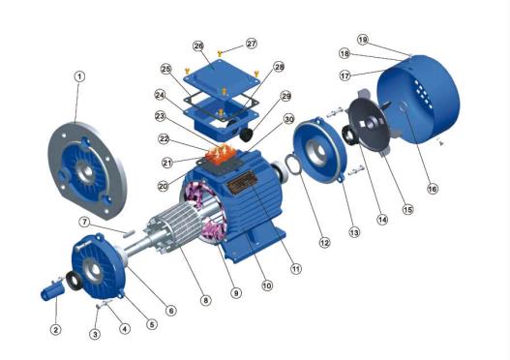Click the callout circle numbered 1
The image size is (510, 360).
click(x=79, y=75)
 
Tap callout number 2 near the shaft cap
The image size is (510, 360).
click(x=55, y=330)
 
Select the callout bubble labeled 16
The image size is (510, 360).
click(x=433, y=189)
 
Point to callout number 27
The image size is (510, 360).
click(x=252, y=44)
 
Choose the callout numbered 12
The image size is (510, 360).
click(x=325, y=242)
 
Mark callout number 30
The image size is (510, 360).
click(x=288, y=119)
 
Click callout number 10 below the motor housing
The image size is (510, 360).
click(x=267, y=285)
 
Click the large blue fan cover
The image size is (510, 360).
click(x=430, y=97)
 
